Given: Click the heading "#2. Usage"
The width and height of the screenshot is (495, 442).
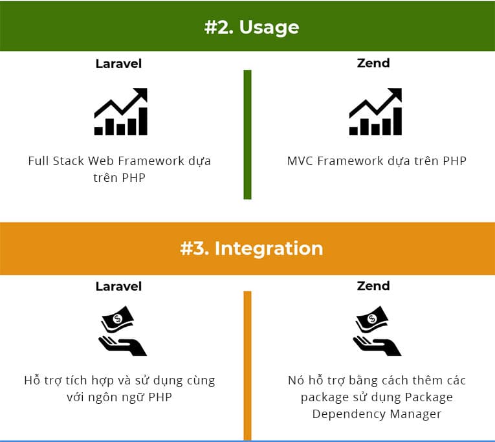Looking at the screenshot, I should [x=252, y=27].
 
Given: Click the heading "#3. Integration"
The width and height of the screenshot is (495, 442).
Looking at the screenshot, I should [x=252, y=249].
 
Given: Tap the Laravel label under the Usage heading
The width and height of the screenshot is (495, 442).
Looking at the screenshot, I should [x=118, y=63].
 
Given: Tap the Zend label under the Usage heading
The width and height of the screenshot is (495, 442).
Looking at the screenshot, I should [x=373, y=63].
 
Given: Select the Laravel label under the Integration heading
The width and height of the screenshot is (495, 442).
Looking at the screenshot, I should [x=118, y=286].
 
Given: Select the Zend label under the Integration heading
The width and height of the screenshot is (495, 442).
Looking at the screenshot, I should [x=373, y=285].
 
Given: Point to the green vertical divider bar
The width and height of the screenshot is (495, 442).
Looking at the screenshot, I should [x=247, y=135].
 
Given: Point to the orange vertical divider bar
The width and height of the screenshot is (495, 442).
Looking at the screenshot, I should [x=247, y=366].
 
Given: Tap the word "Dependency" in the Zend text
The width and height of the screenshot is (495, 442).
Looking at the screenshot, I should [x=348, y=413].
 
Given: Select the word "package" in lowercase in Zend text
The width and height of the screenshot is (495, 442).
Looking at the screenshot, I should [x=323, y=397].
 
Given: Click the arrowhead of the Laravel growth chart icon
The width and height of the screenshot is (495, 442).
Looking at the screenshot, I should [x=142, y=94].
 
